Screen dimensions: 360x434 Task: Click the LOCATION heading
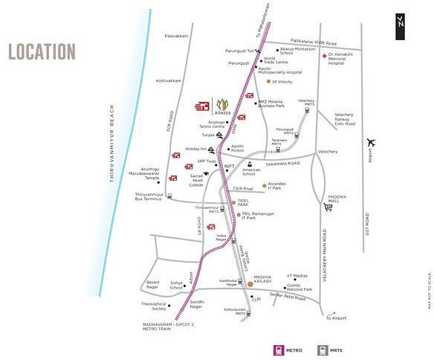click(42, 52)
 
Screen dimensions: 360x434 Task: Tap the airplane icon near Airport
click(372, 143)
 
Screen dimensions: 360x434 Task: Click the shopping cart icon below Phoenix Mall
click(327, 208)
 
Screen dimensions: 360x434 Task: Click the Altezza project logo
click(222, 106)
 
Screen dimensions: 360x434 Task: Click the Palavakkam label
click(177, 36)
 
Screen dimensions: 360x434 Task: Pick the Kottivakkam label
click(169, 80)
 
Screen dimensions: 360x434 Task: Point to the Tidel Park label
click(243, 202)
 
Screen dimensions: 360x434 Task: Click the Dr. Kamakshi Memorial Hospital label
click(343, 60)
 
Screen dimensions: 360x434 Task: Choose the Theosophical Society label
click(154, 306)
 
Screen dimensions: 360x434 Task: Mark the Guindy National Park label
click(299, 286)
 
